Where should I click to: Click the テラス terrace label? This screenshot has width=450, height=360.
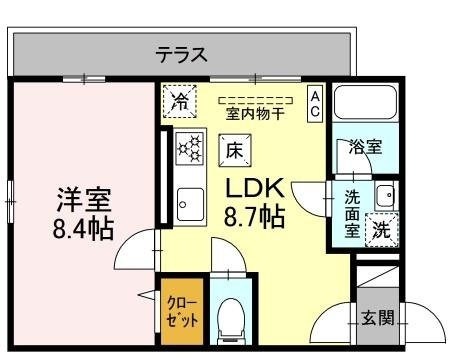point(182,55)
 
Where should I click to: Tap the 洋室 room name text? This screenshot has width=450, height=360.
point(83,198)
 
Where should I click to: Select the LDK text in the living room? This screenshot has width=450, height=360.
point(255,188)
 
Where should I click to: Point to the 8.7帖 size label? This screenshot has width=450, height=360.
point(255,217)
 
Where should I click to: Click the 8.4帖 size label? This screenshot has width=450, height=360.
point(83,228)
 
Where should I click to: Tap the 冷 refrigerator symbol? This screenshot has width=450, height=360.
point(180,101)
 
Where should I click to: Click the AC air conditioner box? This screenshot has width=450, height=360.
point(314,103)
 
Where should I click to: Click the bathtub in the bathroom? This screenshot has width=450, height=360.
point(365,103)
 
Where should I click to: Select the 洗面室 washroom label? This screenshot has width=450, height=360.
point(353,212)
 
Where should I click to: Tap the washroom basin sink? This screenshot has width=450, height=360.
point(385,194)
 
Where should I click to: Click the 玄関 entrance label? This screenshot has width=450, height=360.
point(378,319)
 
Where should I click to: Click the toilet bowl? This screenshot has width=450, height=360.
point(229,317)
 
